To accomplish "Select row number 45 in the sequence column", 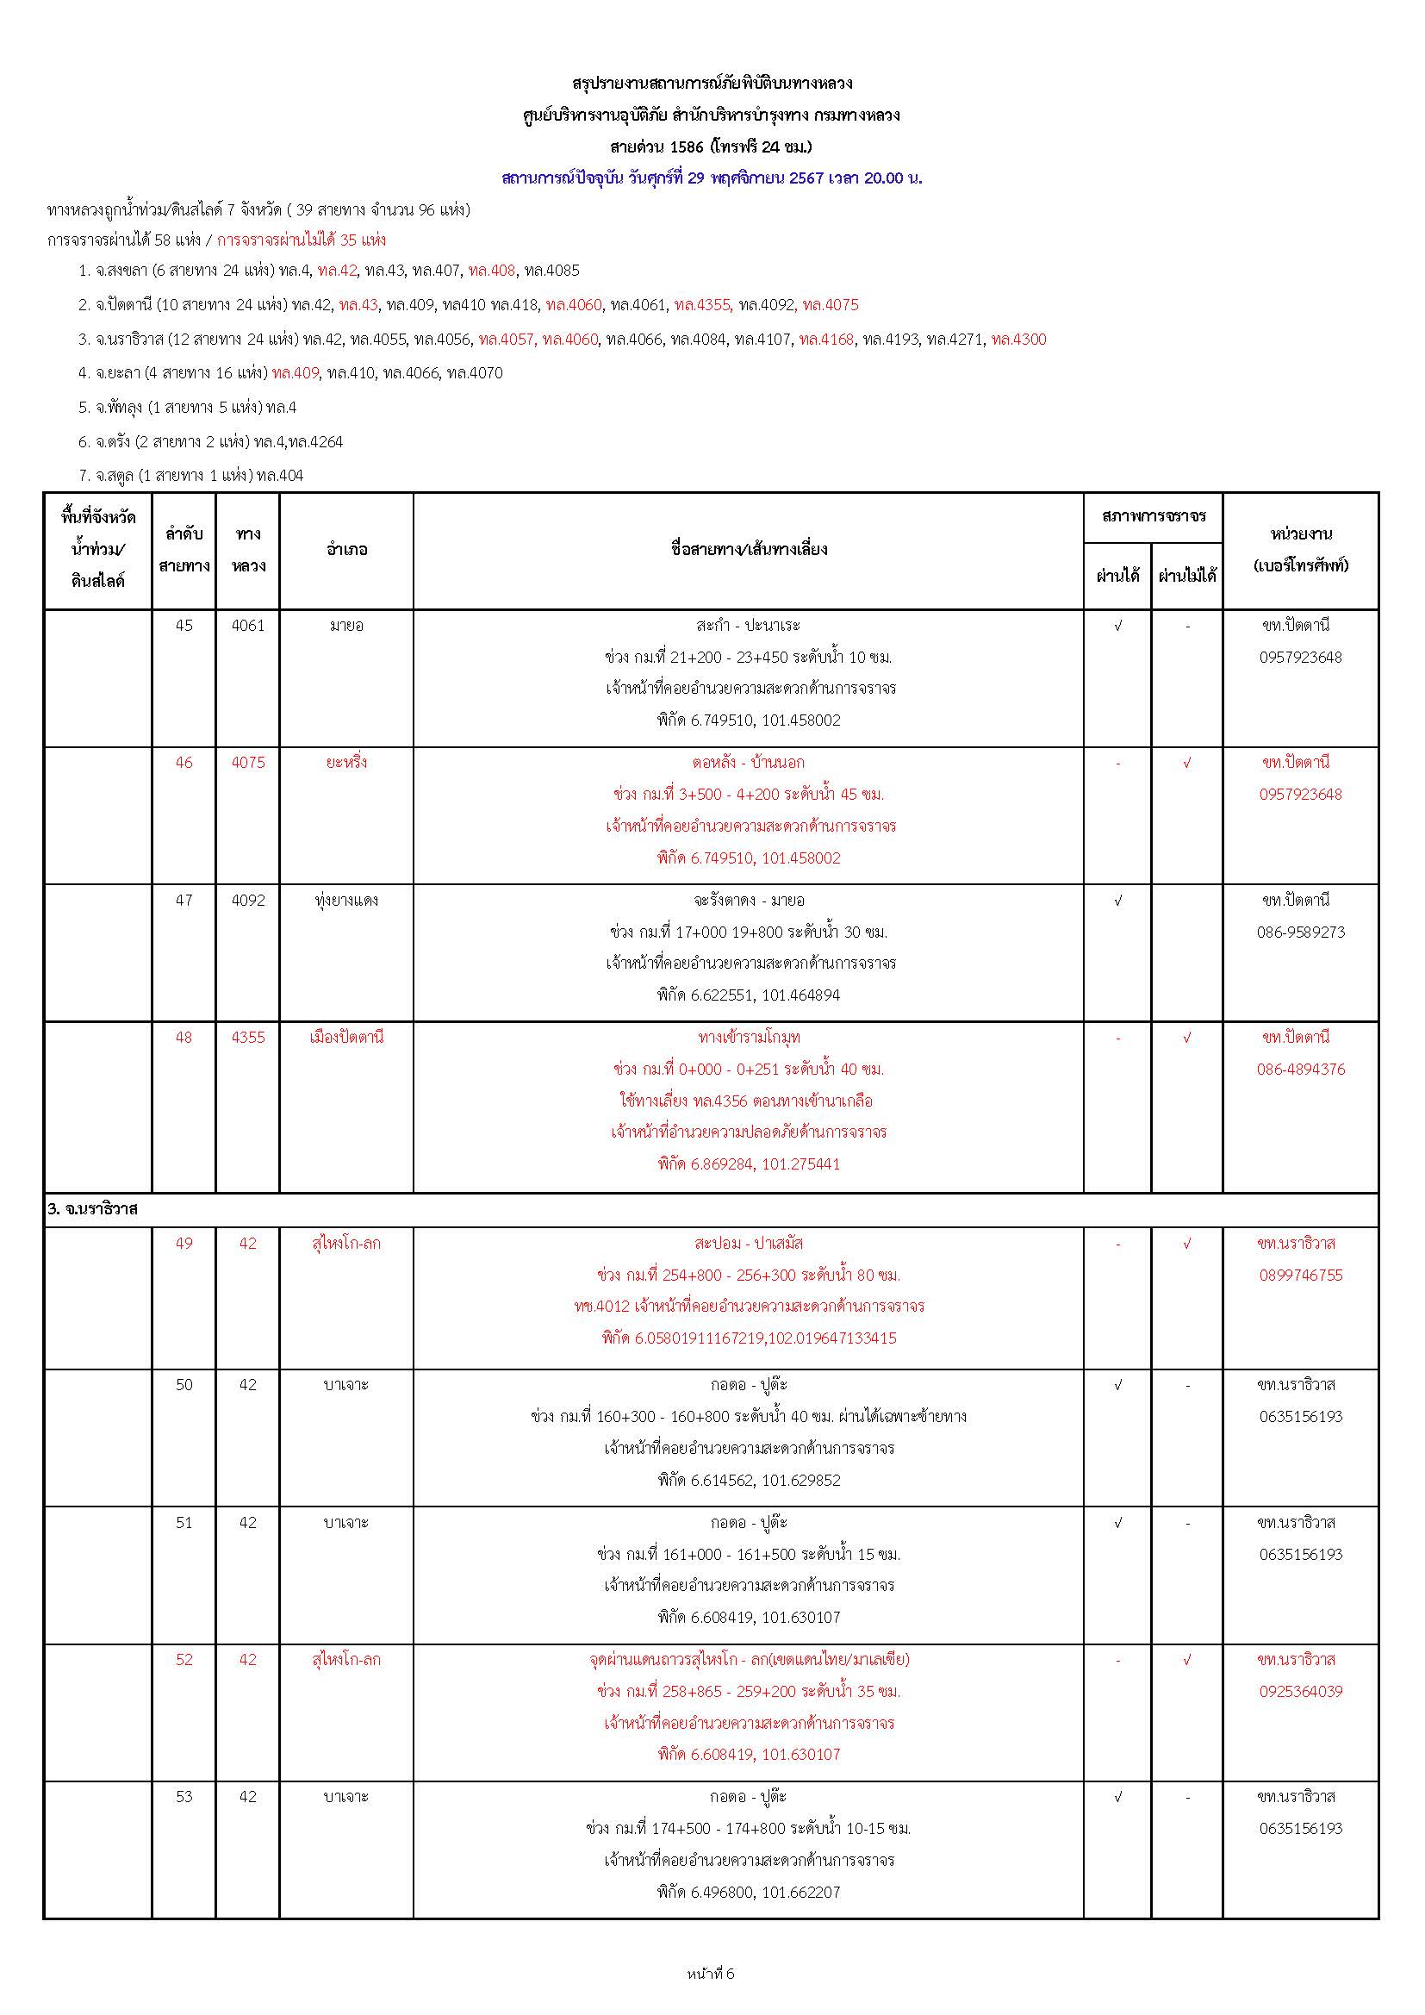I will click(x=184, y=626).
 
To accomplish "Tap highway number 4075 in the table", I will click(x=248, y=763).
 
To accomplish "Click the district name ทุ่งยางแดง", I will click(x=345, y=901).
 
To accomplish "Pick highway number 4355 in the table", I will click(x=248, y=1038).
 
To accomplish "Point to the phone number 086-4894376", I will click(x=1300, y=1070).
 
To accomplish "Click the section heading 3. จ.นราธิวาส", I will click(x=93, y=1209).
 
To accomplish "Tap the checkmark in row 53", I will click(x=1118, y=1797).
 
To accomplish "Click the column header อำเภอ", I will click(x=345, y=550).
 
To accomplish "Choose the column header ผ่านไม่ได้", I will click(x=1187, y=577).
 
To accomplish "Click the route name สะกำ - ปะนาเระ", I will click(x=748, y=626).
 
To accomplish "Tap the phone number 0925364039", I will click(x=1300, y=1691).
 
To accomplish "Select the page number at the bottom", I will click(x=712, y=1974).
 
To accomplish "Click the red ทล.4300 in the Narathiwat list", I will click(x=1018, y=340).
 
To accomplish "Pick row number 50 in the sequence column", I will click(x=184, y=1385).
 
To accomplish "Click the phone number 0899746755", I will click(x=1300, y=1276).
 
